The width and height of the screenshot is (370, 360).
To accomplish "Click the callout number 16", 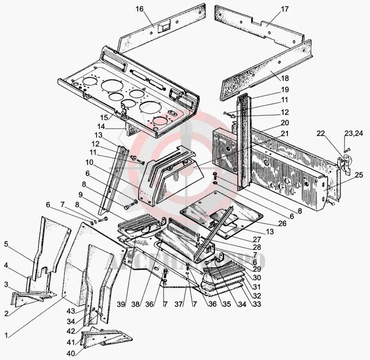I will point(139,9).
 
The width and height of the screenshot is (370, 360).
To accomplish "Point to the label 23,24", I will point(354,133).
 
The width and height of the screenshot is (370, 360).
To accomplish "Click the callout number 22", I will point(321,133).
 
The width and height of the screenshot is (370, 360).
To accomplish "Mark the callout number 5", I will point(6,244).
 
